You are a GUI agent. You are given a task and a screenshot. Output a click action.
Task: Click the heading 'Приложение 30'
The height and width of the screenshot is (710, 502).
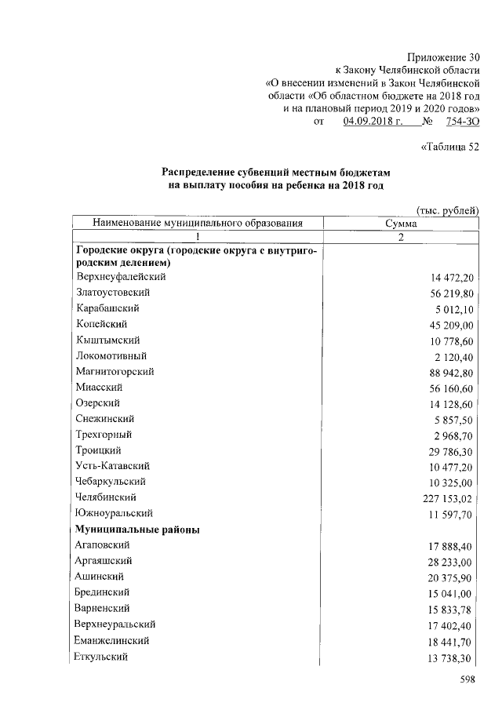442,57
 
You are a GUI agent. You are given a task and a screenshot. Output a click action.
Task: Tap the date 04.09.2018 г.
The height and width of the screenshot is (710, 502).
373,122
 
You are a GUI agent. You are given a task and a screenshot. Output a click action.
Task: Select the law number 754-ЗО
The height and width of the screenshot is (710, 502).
461,122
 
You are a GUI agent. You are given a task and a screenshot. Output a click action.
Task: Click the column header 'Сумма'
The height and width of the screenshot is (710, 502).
400,224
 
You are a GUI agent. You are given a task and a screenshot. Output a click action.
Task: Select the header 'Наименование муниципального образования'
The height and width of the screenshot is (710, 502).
198,224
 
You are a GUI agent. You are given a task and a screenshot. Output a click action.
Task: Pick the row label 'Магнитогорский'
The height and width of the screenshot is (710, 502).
115,371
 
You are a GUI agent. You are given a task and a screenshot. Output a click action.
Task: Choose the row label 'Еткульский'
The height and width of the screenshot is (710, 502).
102,656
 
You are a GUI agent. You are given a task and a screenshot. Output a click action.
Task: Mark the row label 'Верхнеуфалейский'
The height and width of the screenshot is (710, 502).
122,276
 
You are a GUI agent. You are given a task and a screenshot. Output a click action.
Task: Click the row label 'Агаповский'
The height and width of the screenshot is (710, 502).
104,545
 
